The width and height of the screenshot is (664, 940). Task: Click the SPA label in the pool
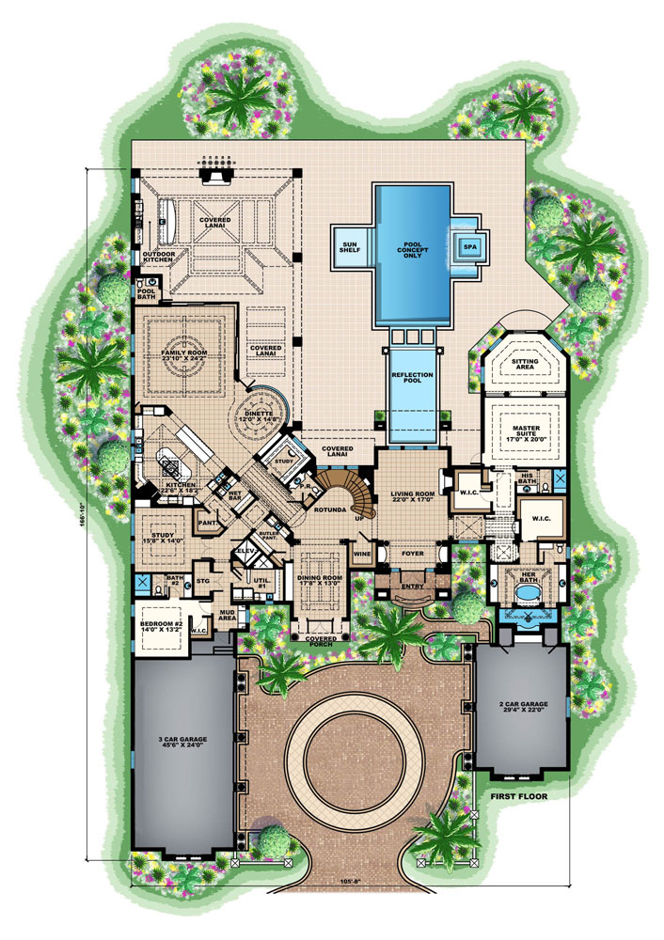click(466, 248)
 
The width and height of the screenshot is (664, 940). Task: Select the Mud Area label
click(226, 615)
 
